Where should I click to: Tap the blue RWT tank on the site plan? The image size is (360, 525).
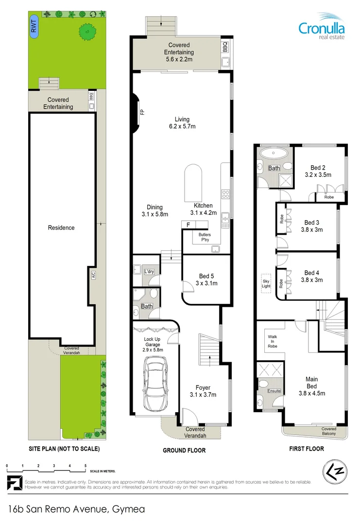pyautogui.click(x=34, y=28)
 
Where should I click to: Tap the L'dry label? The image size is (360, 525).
pyautogui.click(x=149, y=271)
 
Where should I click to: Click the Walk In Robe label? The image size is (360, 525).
pyautogui.click(x=273, y=340)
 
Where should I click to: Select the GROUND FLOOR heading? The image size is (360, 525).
pyautogui.click(x=184, y=451)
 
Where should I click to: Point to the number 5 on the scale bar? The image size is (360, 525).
pyautogui.click(x=86, y=466)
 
